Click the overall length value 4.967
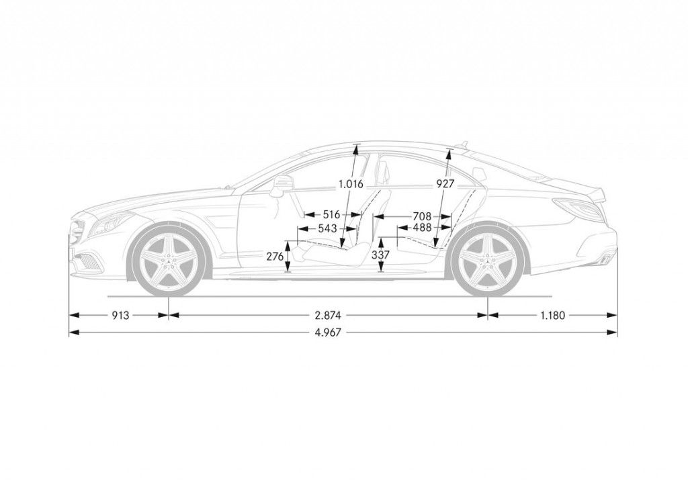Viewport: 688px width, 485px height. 328,333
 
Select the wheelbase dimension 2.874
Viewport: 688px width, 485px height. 328,315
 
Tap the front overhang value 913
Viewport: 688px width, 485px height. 120,315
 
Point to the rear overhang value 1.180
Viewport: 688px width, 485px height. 553,315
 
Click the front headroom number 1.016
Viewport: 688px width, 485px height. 351,184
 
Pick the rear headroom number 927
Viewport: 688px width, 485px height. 445,184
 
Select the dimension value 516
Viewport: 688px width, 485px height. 332,215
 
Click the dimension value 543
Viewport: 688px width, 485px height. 328,228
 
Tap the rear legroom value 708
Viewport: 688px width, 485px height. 422,216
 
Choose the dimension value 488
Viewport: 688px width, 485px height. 422,228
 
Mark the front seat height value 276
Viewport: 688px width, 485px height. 275,257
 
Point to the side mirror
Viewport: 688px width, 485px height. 282,185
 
